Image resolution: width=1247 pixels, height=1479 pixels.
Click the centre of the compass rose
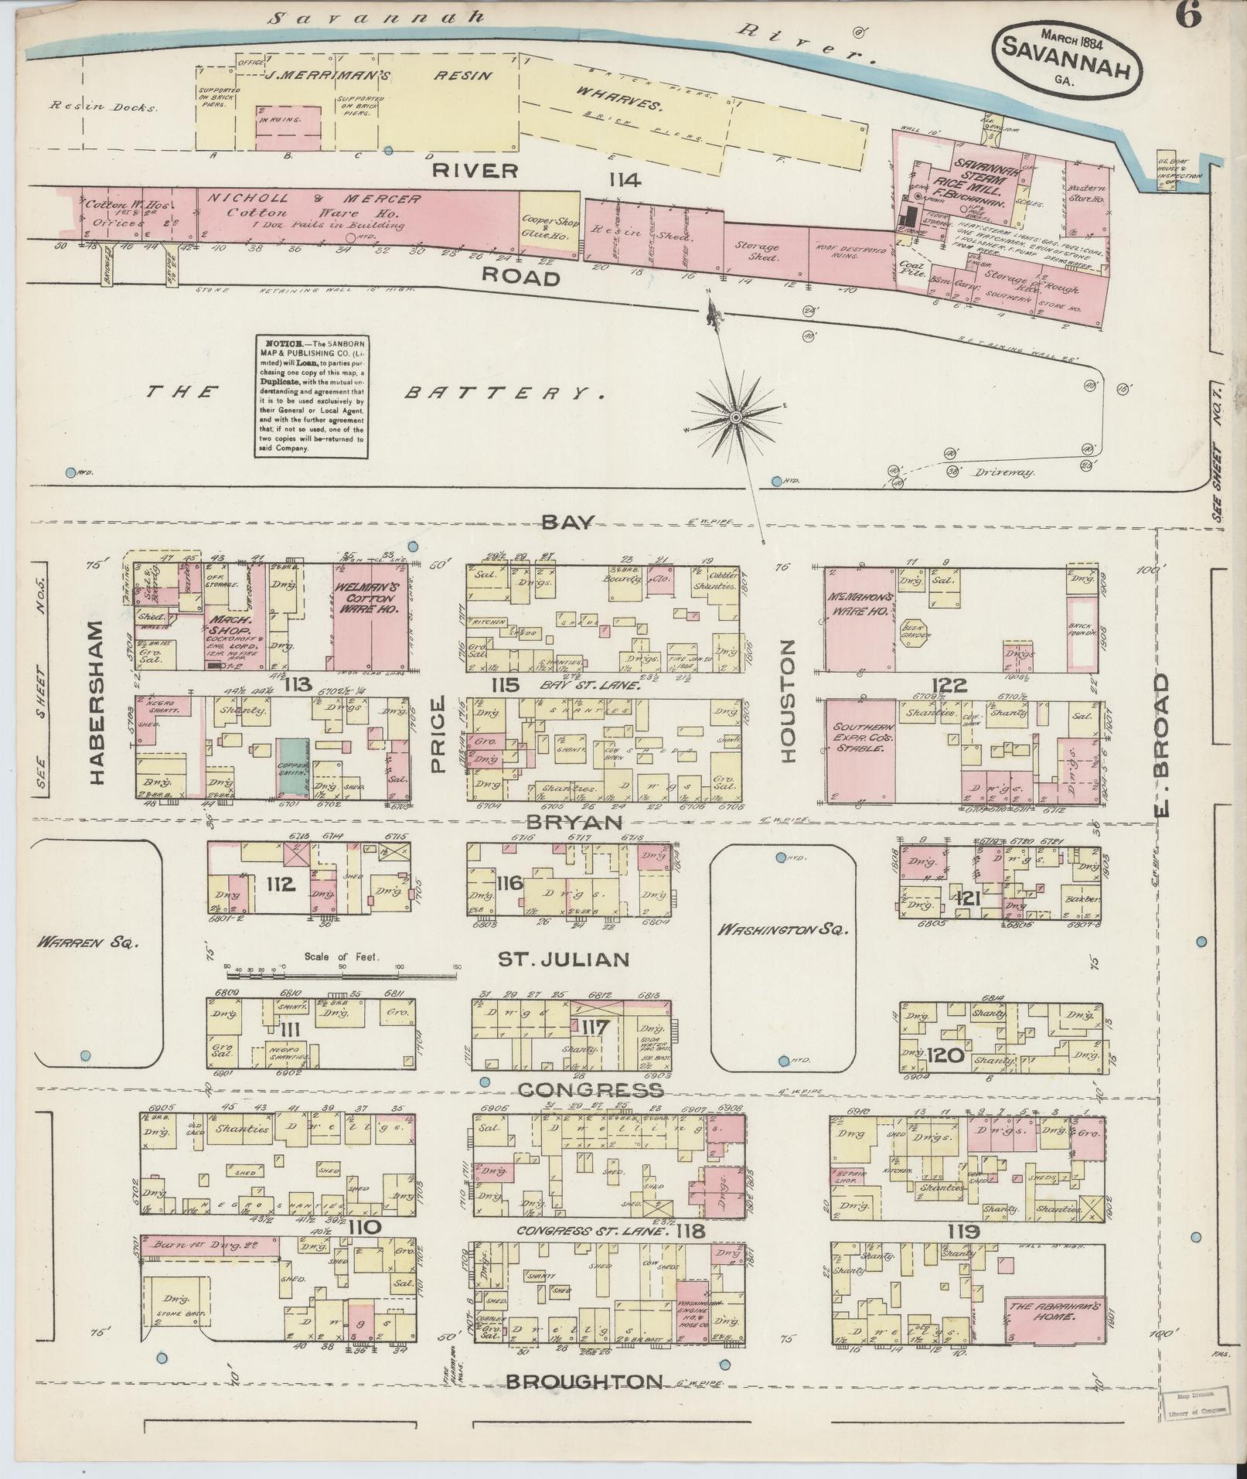pyautogui.click(x=736, y=417)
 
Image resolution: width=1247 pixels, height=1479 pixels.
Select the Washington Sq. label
pyautogui.click(x=782, y=930)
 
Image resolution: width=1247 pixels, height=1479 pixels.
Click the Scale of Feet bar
pyautogui.click(x=340, y=968)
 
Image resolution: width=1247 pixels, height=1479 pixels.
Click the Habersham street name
pyautogui.click(x=97, y=703)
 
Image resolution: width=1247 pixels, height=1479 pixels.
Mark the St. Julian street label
pyautogui.click(x=564, y=960)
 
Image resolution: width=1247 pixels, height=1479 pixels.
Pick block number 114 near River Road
pyautogui.click(x=625, y=180)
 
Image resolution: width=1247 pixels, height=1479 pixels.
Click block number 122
pyautogui.click(x=949, y=685)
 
